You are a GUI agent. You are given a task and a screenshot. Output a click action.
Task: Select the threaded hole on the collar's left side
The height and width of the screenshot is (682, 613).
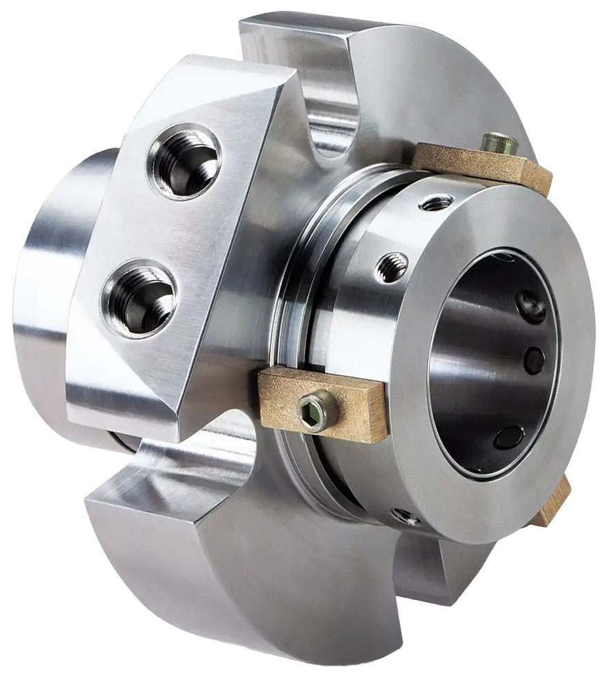click(x=393, y=266)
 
